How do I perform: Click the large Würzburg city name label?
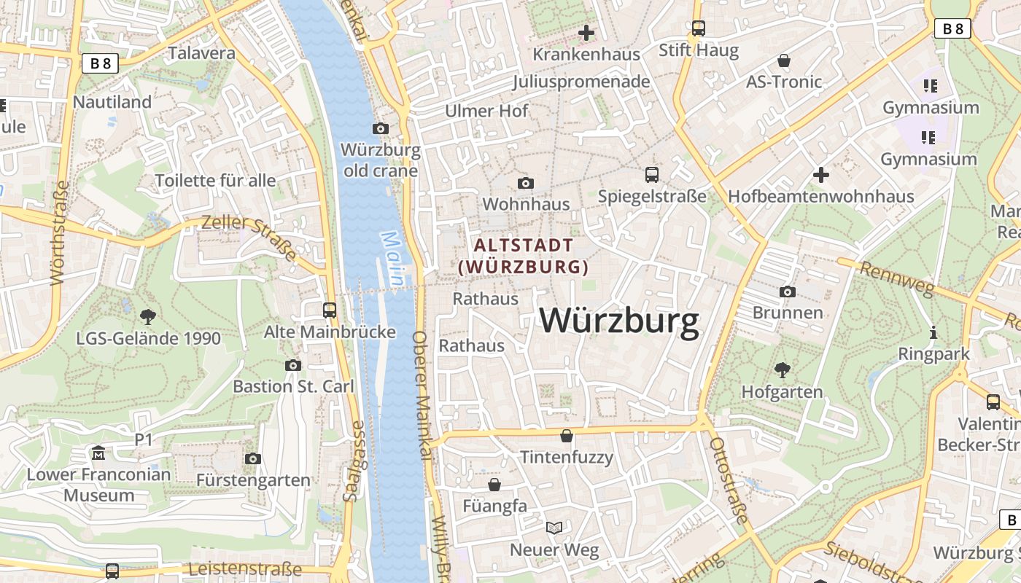pos(619,321)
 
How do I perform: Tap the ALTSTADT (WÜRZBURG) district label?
pos(523,256)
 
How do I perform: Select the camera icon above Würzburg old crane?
pos(380,129)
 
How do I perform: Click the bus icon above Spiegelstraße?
pos(652,175)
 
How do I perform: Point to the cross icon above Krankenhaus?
pos(586,33)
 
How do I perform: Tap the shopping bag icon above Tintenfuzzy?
pos(567,437)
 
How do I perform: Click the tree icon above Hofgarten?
pos(782,370)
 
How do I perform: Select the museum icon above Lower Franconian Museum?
pos(98,454)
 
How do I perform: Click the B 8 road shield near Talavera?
pos(100,63)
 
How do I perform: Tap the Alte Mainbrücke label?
pos(330,332)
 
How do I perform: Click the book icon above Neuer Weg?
pos(554,528)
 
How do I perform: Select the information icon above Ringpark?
pos(933,333)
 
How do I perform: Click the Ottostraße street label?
pos(729,481)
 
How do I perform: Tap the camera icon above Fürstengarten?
pos(253,458)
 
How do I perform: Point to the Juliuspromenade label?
pos(581,82)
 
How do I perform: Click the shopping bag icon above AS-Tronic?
pos(784,60)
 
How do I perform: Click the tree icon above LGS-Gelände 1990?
pos(148,317)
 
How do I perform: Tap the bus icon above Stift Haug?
pos(699,28)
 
